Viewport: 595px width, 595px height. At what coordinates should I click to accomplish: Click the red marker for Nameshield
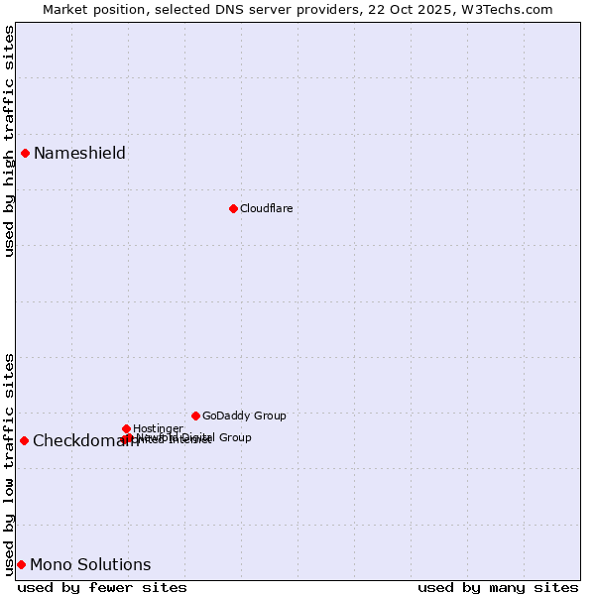click(25, 153)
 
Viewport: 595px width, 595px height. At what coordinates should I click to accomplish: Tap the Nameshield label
click(79, 153)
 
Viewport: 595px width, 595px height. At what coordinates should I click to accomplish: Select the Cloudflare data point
click(233, 208)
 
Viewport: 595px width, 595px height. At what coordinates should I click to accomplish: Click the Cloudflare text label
click(266, 208)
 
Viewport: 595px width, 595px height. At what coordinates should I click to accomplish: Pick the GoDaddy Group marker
click(195, 416)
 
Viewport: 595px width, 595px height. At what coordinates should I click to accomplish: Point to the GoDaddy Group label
click(244, 416)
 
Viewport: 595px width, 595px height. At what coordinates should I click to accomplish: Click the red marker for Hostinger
click(126, 428)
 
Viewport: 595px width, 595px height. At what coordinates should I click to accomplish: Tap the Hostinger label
click(158, 428)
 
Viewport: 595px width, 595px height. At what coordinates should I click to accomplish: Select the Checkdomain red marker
click(24, 440)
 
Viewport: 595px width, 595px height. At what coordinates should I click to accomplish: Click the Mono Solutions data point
click(21, 564)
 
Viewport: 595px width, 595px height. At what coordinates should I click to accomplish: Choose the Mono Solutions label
click(90, 564)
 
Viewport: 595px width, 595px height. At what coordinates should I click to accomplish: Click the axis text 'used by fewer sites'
click(102, 587)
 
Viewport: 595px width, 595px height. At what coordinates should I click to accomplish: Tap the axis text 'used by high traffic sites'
click(9, 141)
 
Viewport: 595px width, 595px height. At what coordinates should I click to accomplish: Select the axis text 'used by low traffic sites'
click(9, 463)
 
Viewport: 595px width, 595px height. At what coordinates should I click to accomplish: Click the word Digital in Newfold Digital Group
click(195, 437)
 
